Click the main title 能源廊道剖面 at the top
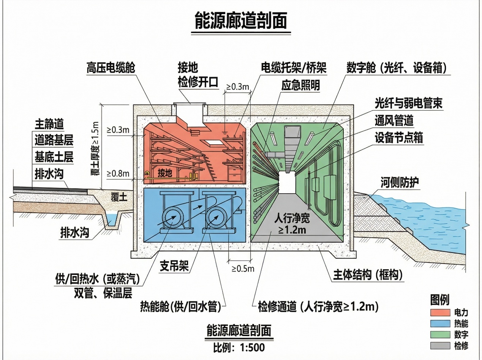240,21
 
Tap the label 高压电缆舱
111,68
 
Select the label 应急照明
300,85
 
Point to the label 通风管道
394,121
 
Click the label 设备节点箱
399,137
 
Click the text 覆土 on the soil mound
118,197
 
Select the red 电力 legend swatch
440,313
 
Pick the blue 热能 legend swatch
440,324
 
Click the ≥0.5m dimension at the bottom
243,268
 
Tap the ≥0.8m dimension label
118,174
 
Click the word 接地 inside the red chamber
165,174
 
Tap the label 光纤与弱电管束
408,103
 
